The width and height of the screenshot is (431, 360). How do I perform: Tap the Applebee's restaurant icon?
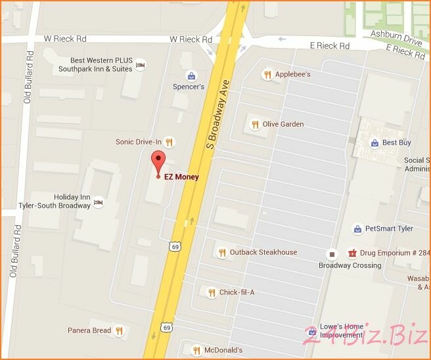[267, 74]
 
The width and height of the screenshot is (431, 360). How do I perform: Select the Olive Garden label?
[283, 124]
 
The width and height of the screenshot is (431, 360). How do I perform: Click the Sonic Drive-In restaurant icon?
[169, 141]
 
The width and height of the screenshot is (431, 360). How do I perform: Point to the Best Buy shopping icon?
[374, 143]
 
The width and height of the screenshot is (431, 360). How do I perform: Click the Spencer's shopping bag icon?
[191, 76]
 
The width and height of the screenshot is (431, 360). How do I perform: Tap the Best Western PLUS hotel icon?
[140, 64]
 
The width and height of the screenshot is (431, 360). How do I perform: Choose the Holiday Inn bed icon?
[98, 202]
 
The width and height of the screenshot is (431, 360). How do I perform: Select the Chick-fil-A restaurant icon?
[212, 292]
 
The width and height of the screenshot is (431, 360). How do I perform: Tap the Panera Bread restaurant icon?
[119, 330]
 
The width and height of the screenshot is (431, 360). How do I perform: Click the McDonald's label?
[223, 350]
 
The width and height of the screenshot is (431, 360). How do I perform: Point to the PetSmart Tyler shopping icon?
[357, 229]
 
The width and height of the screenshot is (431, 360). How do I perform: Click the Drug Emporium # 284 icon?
[352, 252]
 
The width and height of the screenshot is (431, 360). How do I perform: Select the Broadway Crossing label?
[350, 265]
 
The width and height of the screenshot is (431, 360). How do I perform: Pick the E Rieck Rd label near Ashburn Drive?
[405, 50]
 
